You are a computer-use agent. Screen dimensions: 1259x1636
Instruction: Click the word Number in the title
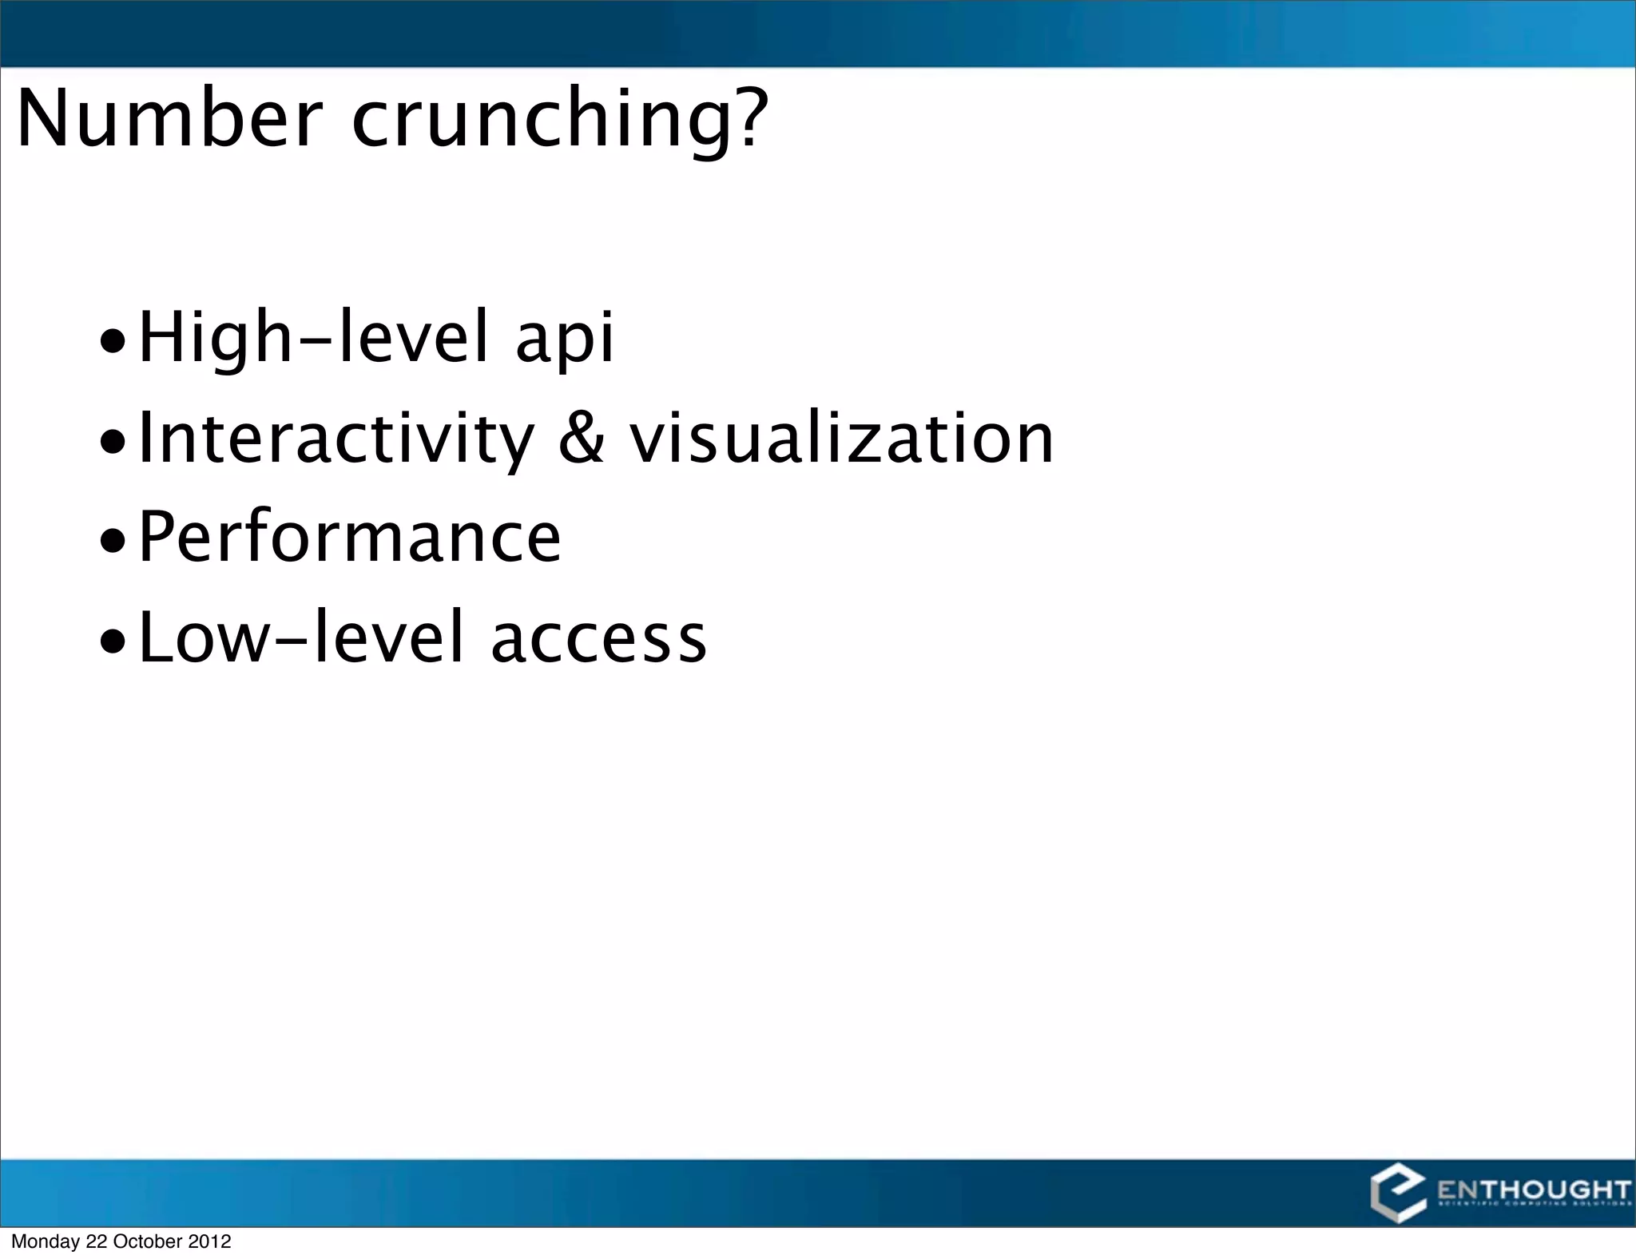point(169,120)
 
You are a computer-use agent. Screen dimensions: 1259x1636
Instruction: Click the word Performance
point(350,538)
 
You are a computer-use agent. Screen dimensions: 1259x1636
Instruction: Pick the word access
point(598,639)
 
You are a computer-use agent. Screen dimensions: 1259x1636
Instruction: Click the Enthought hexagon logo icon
point(1397,1195)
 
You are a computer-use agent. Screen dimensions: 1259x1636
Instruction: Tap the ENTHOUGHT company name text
point(1533,1190)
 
